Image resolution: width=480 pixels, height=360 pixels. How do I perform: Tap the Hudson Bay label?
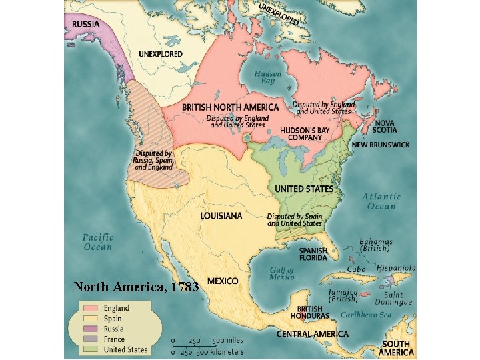coord(268,76)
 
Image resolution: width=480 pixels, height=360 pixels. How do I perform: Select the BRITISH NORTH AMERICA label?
coord(230,107)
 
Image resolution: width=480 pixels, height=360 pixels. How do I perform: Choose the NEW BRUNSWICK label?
coord(381,145)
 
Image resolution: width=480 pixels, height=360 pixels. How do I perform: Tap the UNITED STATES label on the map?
coord(304,189)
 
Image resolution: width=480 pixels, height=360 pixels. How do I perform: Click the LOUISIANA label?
coord(221,216)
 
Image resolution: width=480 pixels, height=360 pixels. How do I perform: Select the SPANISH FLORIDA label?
coord(313,254)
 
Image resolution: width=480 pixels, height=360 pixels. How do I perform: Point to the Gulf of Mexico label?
coord(282,273)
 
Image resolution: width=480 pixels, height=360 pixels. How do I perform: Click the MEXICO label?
coord(223,281)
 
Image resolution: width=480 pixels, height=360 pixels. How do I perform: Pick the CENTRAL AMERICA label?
coord(312,333)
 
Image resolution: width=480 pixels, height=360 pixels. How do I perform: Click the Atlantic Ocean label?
coord(382,201)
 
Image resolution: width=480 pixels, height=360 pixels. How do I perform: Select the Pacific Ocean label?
coord(98,242)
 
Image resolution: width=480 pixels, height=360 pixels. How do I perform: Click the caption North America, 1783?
coord(136,287)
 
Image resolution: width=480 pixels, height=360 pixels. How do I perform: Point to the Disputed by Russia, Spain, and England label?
coord(154,160)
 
